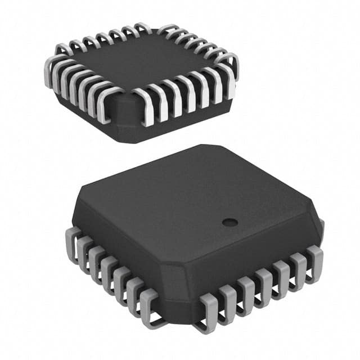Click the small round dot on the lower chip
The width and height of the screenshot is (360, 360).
227,222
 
